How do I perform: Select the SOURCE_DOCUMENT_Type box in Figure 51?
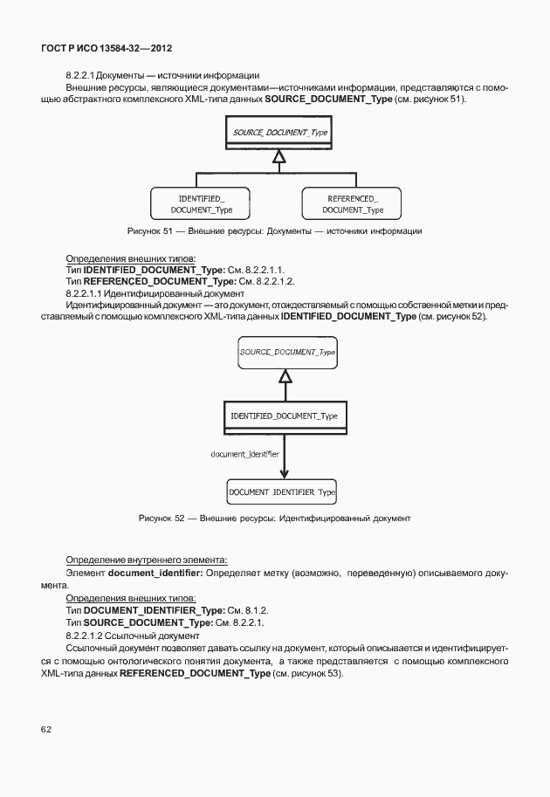279,132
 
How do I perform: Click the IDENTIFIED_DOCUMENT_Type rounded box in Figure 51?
202,204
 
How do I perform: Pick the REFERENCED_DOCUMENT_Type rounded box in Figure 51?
353,204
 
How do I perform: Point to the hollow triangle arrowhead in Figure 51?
279,156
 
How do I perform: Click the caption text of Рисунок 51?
274,231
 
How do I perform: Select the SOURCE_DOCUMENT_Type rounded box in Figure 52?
287,352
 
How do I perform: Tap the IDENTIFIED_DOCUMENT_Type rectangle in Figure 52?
284,416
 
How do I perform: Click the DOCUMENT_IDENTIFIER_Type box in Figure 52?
282,493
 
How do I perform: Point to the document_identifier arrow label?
244,454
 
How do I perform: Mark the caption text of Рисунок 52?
274,519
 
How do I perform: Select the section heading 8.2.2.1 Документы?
162,76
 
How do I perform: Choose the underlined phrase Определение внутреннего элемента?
147,560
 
